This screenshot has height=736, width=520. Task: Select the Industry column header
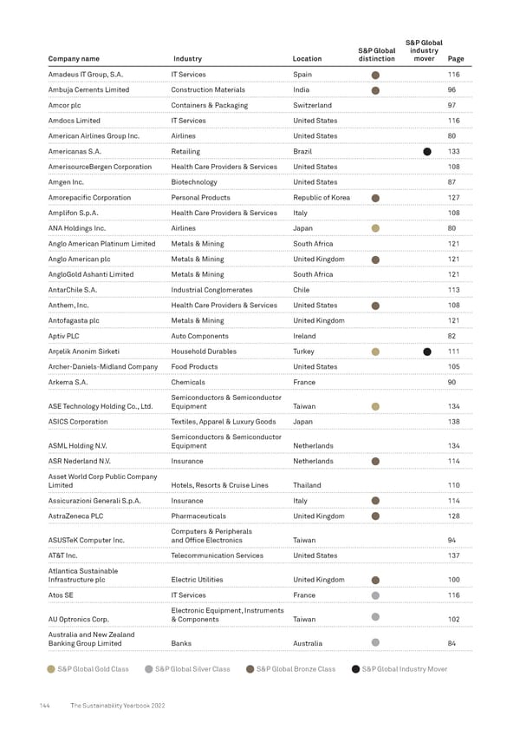(187, 59)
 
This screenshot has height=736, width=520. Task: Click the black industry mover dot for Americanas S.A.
(427, 151)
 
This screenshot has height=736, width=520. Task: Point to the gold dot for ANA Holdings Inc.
(375, 228)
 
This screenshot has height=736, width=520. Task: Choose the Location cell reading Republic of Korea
(322, 198)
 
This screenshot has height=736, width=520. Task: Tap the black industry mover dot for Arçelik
(427, 352)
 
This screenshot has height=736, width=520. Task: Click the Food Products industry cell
(194, 367)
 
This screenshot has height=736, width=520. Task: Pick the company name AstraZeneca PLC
(77, 516)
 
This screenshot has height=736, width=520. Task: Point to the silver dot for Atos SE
(375, 595)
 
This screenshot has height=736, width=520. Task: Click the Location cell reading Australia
(308, 643)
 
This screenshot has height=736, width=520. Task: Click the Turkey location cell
(304, 352)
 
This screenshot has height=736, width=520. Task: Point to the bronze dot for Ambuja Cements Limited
(375, 89)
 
